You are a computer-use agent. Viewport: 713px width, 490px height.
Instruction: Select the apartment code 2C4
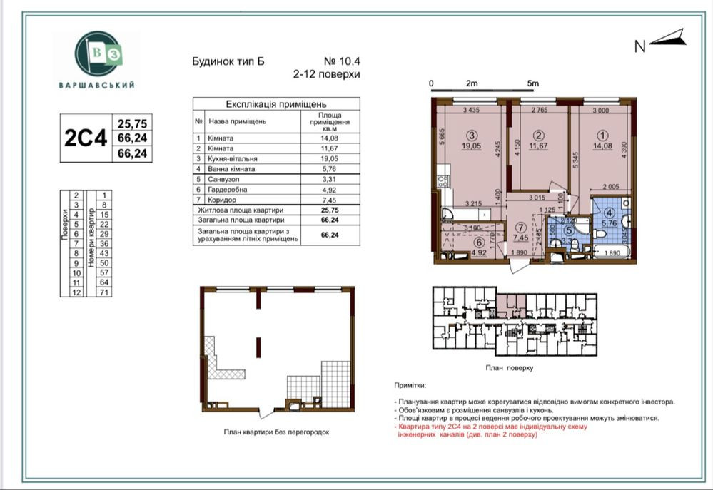(x=86, y=138)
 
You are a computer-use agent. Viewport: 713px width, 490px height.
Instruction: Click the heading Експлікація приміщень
(x=275, y=104)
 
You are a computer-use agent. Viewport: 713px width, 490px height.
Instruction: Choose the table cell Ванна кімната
(x=232, y=169)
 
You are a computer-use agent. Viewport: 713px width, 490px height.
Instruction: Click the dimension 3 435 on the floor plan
(x=471, y=110)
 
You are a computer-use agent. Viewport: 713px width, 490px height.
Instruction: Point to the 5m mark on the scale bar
(x=532, y=83)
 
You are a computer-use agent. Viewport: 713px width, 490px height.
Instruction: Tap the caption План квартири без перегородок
(x=276, y=432)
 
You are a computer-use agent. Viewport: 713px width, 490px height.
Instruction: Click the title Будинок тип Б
(x=228, y=61)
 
